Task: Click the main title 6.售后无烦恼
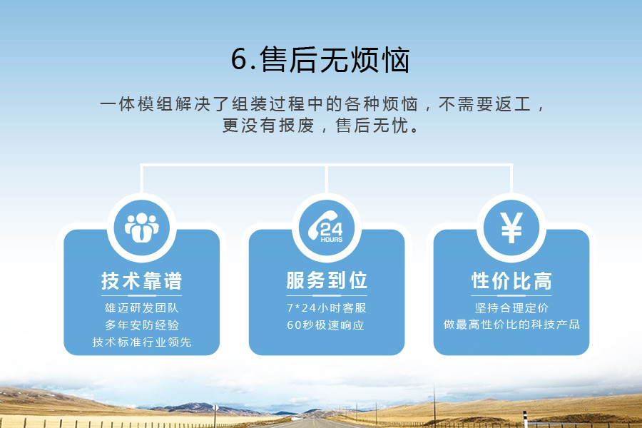click(x=320, y=60)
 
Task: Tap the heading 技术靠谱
click(x=142, y=281)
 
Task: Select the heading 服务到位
click(x=327, y=280)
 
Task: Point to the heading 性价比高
click(x=511, y=281)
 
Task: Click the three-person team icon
click(x=142, y=228)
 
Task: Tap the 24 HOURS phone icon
click(x=326, y=227)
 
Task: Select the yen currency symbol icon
click(x=511, y=228)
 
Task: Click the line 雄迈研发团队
click(x=142, y=307)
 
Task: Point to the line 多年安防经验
click(x=142, y=325)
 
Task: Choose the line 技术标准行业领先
click(x=142, y=342)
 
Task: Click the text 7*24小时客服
click(x=326, y=307)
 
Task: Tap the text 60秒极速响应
click(x=325, y=325)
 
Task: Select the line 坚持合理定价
click(x=511, y=307)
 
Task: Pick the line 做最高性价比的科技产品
click(x=511, y=325)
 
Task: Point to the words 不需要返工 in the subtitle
click(x=485, y=104)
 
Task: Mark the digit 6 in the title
click(x=239, y=60)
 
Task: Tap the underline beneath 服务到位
click(x=327, y=295)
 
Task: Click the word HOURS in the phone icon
click(x=331, y=240)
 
